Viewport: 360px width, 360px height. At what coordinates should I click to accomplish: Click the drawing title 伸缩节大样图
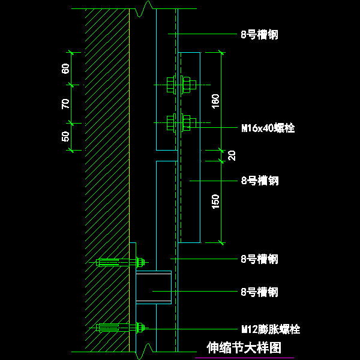click(x=244, y=348)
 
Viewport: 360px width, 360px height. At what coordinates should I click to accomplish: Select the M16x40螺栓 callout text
click(x=268, y=128)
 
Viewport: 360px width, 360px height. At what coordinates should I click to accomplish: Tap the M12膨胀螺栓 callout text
click(x=271, y=329)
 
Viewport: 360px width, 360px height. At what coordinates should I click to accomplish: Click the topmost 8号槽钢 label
click(x=259, y=35)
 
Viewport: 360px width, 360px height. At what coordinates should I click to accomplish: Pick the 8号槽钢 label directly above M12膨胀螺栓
click(x=259, y=292)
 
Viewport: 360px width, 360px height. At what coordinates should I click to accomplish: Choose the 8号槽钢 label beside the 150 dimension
click(x=259, y=180)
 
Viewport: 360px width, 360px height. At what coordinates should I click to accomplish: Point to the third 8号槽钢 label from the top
click(x=259, y=259)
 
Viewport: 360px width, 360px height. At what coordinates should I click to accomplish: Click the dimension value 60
click(x=66, y=68)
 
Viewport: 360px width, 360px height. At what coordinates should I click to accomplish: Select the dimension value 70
click(x=66, y=103)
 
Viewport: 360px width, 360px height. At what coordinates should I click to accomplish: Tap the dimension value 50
click(x=66, y=136)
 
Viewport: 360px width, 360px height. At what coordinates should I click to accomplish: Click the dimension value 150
click(x=215, y=202)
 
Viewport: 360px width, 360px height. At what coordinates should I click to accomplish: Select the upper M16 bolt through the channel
click(x=179, y=85)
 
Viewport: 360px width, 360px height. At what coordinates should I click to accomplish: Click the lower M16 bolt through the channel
click(x=179, y=123)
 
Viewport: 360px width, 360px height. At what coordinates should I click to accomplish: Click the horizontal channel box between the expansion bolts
click(x=154, y=287)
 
